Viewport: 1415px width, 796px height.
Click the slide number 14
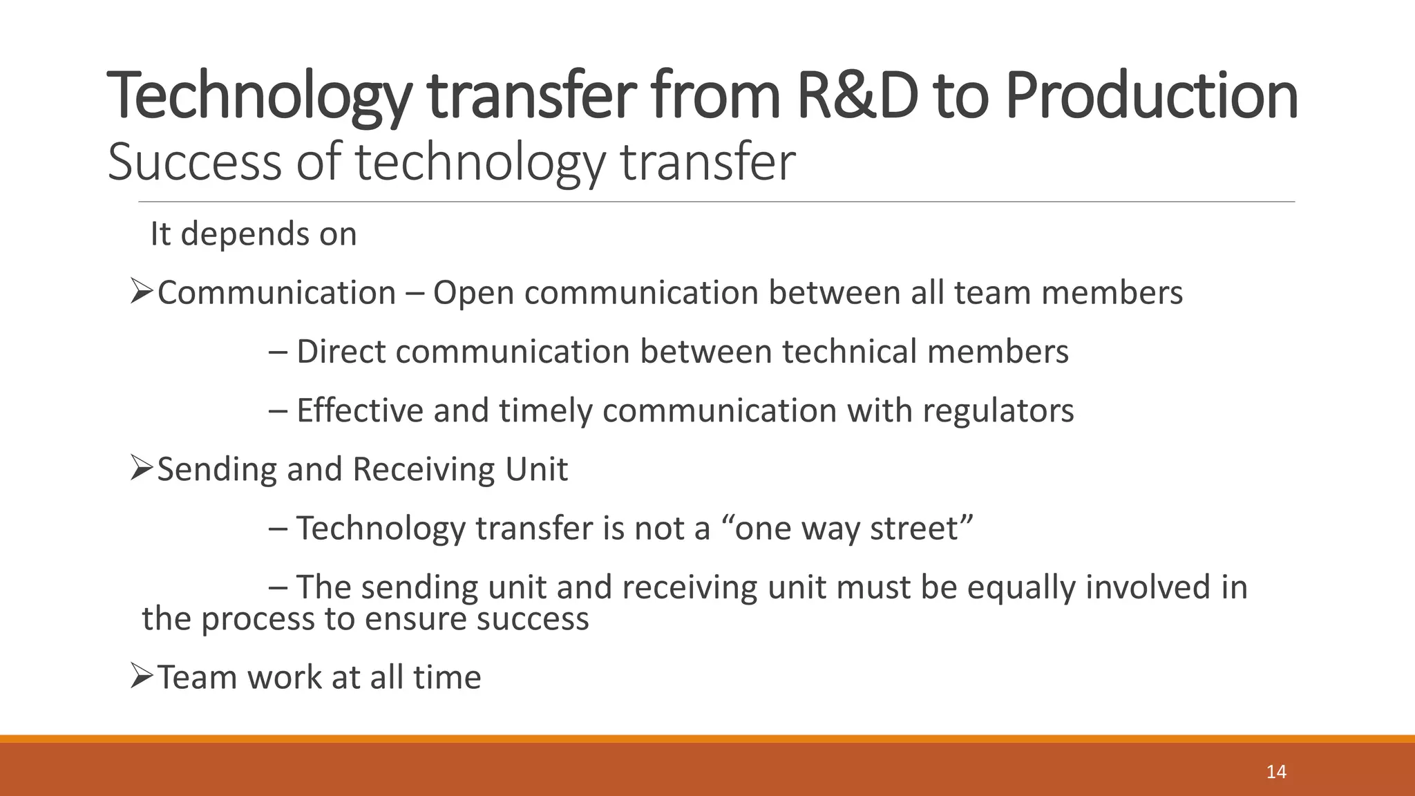(1276, 772)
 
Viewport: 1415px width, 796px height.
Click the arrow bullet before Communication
(141, 292)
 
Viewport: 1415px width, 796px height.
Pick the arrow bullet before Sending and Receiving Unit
(141, 469)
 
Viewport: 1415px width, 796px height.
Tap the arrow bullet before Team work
(141, 676)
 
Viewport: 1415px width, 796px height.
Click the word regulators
(998, 410)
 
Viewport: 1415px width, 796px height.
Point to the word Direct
(341, 352)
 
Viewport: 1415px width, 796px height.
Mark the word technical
(850, 352)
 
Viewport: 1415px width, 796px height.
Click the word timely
(547, 410)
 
